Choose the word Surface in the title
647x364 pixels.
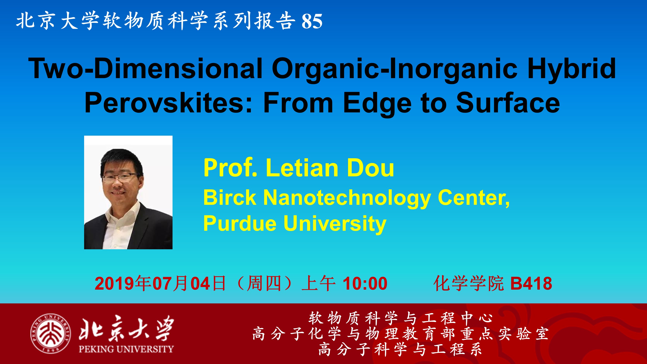coord(508,102)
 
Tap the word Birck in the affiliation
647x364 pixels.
coord(229,198)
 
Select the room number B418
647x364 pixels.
coord(531,284)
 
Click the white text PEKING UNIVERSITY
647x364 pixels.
coord(126,349)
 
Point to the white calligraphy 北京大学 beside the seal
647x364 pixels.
coord(126,328)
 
